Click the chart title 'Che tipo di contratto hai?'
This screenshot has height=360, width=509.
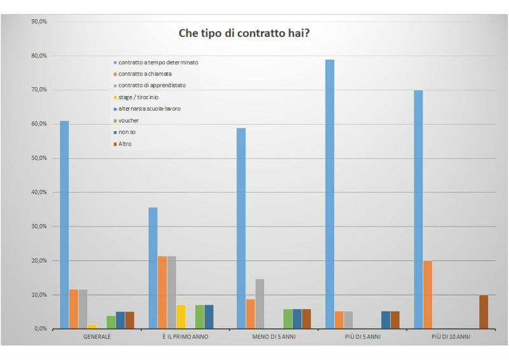click(243, 33)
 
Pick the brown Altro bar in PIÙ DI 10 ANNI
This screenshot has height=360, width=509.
click(484, 312)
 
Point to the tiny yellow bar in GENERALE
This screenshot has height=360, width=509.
click(92, 326)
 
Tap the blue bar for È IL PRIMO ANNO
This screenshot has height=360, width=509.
click(153, 268)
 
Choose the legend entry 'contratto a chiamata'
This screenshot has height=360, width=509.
click(144, 74)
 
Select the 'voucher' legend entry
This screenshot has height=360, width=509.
click(129, 120)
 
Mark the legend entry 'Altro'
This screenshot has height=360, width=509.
click(125, 144)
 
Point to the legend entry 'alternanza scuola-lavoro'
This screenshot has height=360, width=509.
click(150, 109)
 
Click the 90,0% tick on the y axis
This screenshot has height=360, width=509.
click(39, 22)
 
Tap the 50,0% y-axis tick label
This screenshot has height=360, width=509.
click(39, 158)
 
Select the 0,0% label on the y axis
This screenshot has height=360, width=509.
click(40, 329)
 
